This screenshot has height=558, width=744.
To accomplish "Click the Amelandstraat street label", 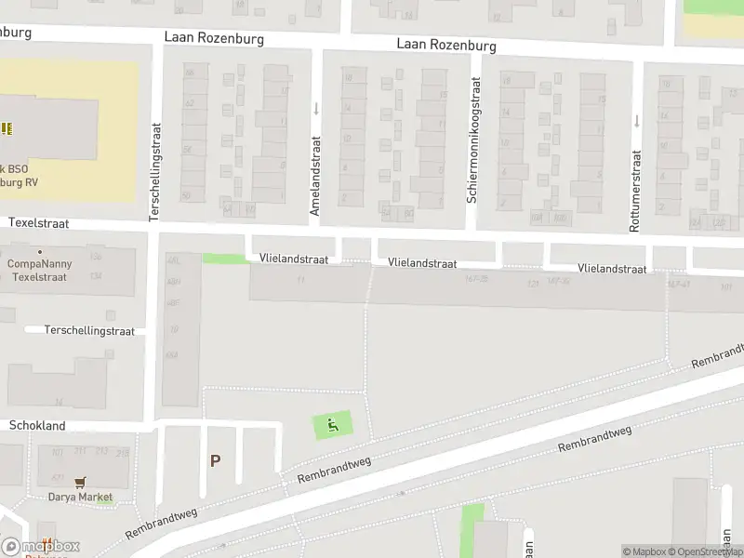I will pyautogui.click(x=315, y=176).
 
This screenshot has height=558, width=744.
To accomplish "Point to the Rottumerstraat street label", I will pyautogui.click(x=635, y=192).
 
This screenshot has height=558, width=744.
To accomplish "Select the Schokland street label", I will pyautogui.click(x=37, y=425).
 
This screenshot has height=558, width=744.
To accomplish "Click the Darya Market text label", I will pyautogui.click(x=81, y=497).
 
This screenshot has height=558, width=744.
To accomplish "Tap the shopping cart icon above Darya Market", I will pyautogui.click(x=81, y=482).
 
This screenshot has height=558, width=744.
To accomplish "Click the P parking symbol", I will pyautogui.click(x=216, y=460).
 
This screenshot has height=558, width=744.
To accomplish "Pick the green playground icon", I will pyautogui.click(x=333, y=426).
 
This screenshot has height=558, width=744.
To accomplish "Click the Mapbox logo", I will pyautogui.click(x=40, y=547).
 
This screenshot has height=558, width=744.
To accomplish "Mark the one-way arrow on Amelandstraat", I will pyautogui.click(x=316, y=109).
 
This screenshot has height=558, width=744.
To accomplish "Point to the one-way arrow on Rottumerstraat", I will pyautogui.click(x=637, y=120).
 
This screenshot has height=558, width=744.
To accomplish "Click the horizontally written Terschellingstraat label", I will pyautogui.click(x=90, y=330).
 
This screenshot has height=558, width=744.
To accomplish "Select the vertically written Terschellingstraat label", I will pyautogui.click(x=155, y=172).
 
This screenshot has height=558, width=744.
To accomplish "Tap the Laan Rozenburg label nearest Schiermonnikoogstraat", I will pyautogui.click(x=446, y=45).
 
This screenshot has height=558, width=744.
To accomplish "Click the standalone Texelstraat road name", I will pyautogui.click(x=39, y=223).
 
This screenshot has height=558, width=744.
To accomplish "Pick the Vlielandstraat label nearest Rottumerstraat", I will pyautogui.click(x=612, y=268).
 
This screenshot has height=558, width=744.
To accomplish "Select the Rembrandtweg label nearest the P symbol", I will pyautogui.click(x=334, y=471).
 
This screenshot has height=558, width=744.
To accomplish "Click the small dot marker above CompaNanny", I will pyautogui.click(x=39, y=252).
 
